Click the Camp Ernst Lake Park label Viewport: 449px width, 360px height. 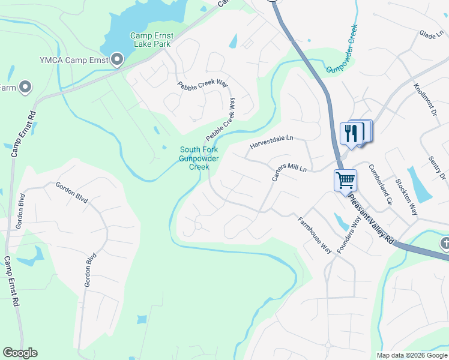(151, 40)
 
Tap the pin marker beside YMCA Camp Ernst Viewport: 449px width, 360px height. (117, 59)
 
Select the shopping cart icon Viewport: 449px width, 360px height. (345, 180)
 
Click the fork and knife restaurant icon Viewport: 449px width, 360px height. (351, 133)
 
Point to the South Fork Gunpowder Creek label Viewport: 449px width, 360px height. (198, 158)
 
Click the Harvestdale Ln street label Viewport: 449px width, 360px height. (271, 142)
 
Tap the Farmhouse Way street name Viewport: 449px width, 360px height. (315, 235)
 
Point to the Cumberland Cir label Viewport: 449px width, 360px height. (380, 185)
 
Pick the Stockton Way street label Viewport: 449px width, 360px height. (406, 196)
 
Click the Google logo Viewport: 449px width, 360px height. (20, 353)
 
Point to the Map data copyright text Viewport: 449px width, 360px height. (411, 355)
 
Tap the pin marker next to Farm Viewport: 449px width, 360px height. (25, 88)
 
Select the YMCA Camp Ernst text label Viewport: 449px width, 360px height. (73, 59)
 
